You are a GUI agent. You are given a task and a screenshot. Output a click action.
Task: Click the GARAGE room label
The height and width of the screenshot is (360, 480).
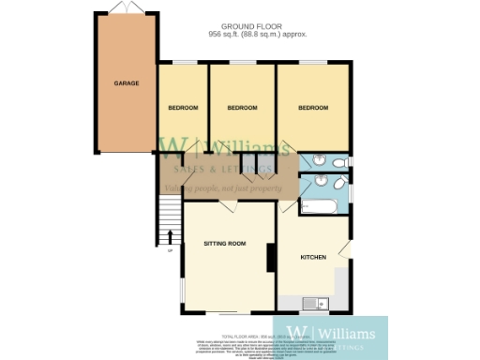click(x=127, y=83)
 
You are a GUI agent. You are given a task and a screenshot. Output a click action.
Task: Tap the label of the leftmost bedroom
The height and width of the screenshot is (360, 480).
click(x=183, y=108)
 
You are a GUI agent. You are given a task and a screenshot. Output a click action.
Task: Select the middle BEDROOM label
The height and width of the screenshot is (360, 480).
click(x=243, y=108)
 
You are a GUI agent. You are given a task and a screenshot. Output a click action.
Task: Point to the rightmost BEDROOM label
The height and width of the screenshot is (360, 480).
click(x=314, y=108)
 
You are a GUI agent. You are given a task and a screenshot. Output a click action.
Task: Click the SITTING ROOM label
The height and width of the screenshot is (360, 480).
click(x=225, y=244)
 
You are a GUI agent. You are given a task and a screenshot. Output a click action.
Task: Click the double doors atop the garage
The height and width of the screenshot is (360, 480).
click(x=127, y=8)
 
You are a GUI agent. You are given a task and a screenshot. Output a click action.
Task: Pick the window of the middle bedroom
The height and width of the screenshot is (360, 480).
click(x=243, y=63)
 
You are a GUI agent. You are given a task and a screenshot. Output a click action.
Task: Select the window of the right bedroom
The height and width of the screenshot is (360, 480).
click(x=314, y=63)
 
